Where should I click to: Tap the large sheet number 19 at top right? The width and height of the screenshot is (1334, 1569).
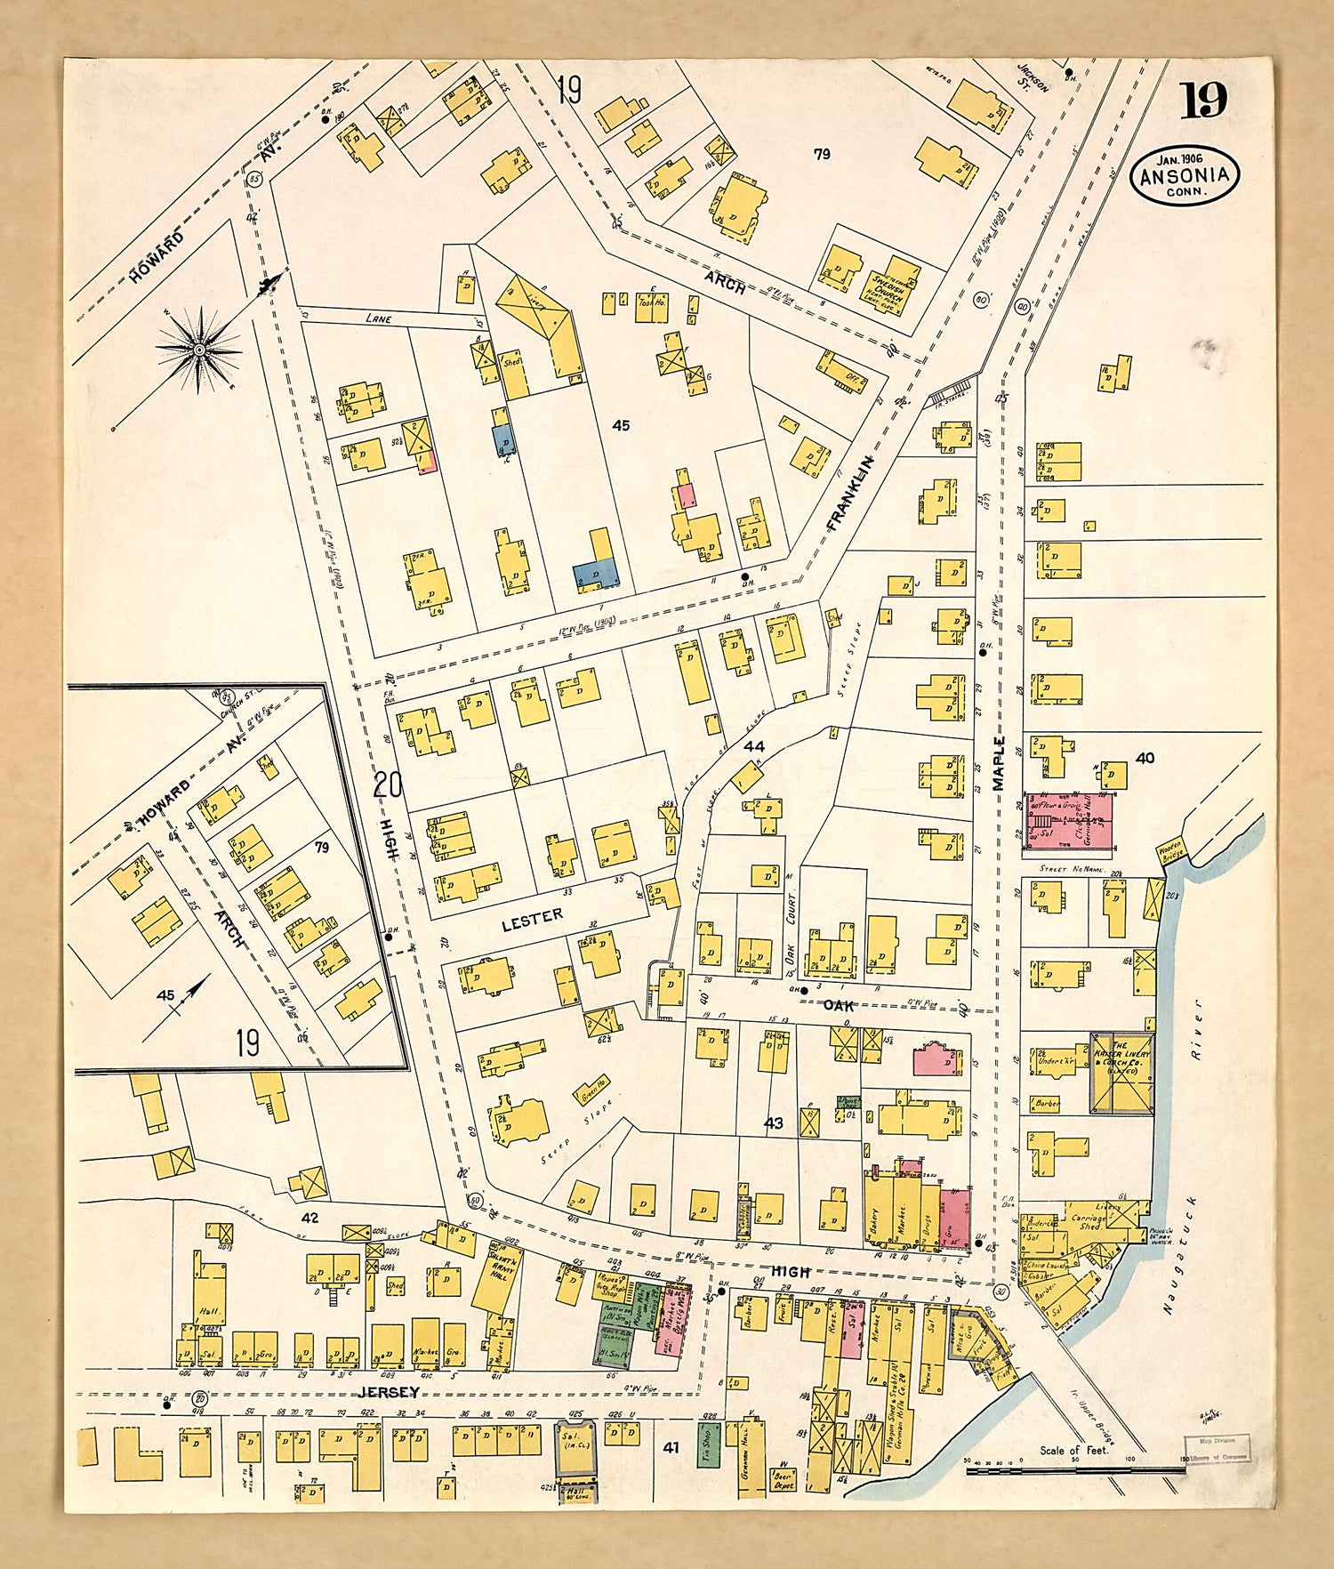coord(1203,101)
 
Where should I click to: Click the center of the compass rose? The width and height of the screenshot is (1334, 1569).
coord(199,350)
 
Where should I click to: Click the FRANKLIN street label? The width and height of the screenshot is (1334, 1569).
coord(850,494)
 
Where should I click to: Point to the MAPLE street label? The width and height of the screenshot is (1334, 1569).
coord(998,763)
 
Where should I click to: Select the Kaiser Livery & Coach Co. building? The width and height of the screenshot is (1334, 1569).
coord(1122,1072)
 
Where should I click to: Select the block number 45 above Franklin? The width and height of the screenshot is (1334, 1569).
coord(621,425)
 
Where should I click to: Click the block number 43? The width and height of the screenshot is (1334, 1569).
coord(774,1123)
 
